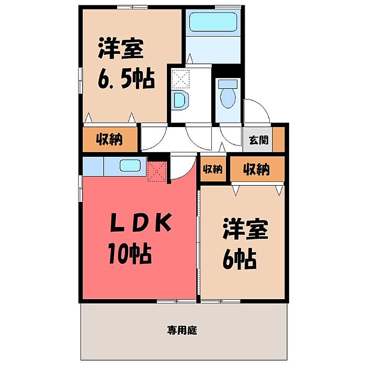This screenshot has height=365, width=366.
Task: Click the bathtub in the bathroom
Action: point(213,22)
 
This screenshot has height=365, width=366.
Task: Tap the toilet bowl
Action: point(228,98)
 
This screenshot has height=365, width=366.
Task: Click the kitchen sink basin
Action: point(130,165)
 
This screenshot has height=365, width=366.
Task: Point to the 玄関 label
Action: point(259,140)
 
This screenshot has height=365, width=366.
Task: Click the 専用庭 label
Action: point(182,330)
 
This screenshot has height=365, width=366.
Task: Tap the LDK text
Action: point(141,223)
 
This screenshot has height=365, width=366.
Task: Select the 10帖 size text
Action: point(130,254)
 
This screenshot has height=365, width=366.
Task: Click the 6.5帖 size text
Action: point(127,78)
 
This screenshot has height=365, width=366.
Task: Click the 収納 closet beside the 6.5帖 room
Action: point(110,139)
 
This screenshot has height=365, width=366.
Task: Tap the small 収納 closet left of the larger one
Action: point(213,169)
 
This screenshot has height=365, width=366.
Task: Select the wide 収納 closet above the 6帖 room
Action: point(257,169)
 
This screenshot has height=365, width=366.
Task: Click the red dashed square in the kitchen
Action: point(157,172)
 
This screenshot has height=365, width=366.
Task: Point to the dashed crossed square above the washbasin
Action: point(180,79)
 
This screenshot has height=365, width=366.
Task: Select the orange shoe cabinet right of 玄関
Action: point(279,139)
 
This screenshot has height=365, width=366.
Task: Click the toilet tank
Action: point(228,83)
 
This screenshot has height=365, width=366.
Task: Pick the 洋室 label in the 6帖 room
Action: point(245,229)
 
